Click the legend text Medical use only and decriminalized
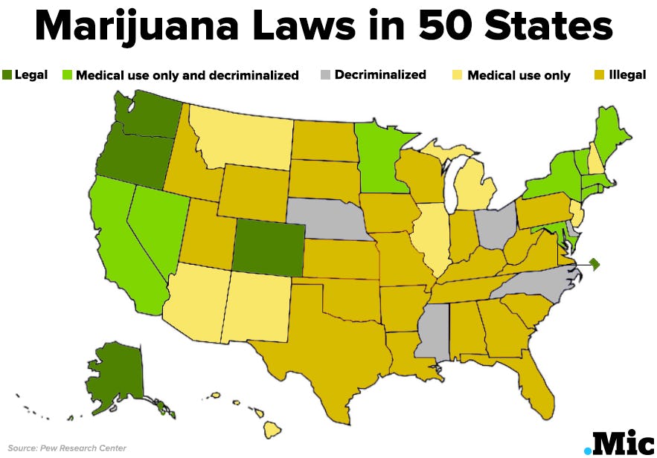click(188, 75)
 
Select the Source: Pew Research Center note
click(67, 448)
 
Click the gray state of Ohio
click(495, 226)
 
